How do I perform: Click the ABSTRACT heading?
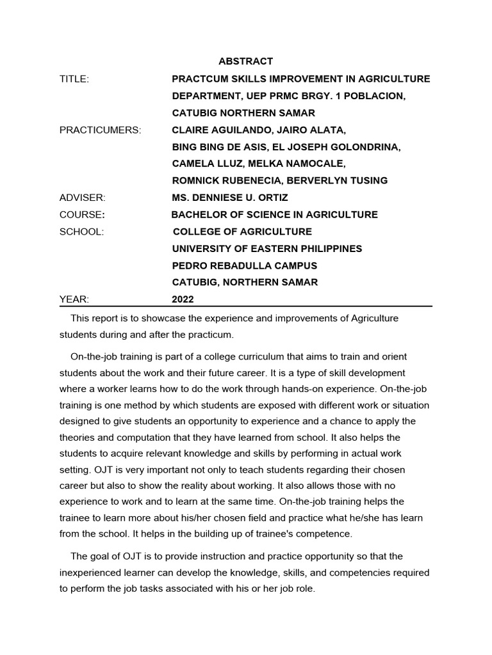245,61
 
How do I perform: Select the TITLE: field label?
74,79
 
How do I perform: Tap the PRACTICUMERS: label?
100,130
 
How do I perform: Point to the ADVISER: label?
83,198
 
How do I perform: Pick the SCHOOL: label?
81,232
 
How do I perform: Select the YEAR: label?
74,299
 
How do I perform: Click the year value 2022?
183,299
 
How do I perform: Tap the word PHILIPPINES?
326,248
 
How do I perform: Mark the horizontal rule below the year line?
246,306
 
